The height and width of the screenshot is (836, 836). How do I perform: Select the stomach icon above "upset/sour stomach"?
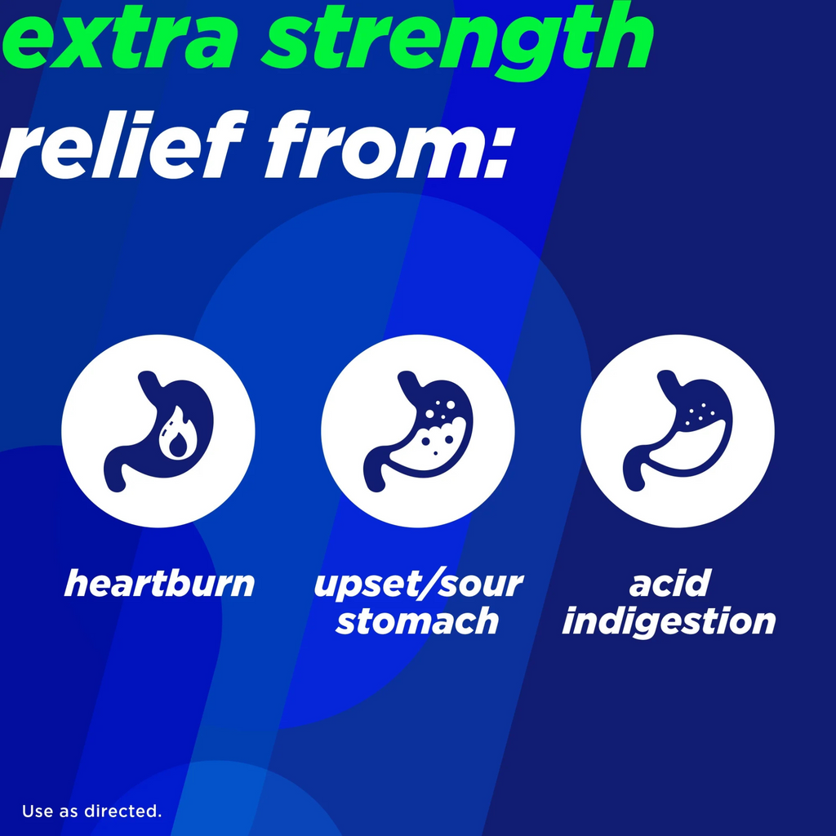point(418,431)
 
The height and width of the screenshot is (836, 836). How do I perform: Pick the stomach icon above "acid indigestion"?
point(677,431)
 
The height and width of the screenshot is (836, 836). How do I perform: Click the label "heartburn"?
point(159,583)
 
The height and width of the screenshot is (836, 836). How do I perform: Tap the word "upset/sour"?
point(419,585)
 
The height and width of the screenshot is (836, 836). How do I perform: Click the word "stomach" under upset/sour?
point(417,621)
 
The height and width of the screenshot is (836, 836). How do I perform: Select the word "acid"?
point(669,583)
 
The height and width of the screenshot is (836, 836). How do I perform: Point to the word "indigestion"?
point(669,622)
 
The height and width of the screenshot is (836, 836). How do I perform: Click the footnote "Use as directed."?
point(91,811)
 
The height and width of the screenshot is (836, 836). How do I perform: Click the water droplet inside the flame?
point(177,443)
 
